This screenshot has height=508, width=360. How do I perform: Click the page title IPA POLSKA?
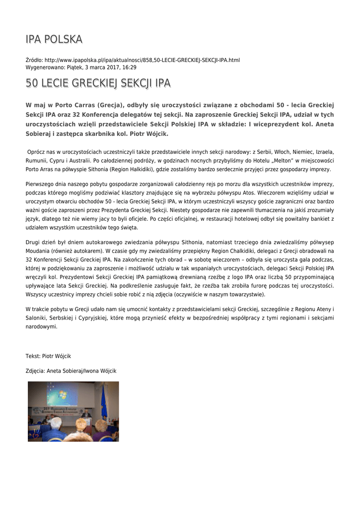(54, 39)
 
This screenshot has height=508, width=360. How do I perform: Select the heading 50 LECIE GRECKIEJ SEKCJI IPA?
(98, 83)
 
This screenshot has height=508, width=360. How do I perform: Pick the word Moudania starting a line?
(38, 251)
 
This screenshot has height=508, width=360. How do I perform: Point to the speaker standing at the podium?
(86, 414)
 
